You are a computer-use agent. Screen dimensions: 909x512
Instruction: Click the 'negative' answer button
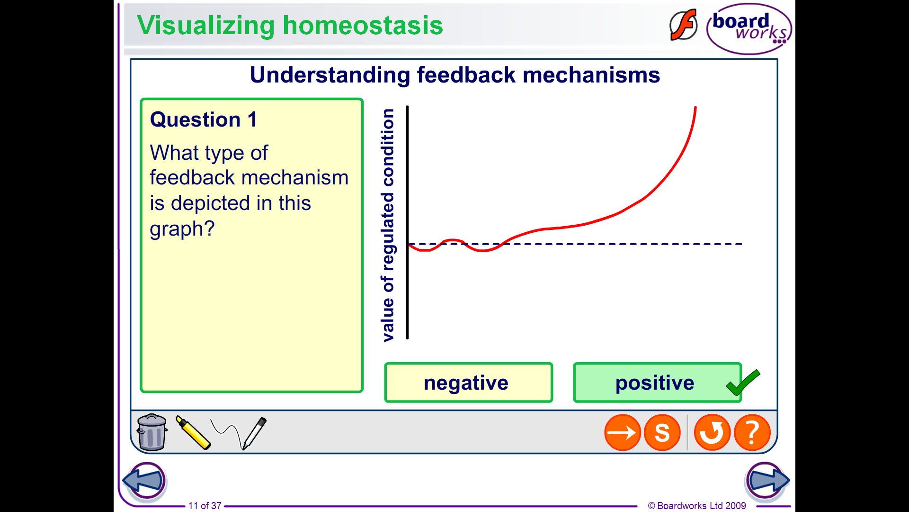tap(468, 383)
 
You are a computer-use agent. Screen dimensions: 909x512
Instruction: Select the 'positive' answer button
tap(657, 383)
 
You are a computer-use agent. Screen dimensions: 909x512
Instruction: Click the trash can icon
tap(151, 432)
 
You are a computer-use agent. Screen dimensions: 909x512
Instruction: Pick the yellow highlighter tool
tap(193, 432)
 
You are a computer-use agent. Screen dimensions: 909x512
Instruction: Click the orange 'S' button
tap(662, 432)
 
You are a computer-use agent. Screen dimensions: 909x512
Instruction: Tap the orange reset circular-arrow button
tap(712, 432)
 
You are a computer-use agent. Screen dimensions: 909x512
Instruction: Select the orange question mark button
tap(752, 432)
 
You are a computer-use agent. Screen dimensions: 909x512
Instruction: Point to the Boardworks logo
tap(749, 28)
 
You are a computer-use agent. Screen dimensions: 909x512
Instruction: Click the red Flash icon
tap(683, 25)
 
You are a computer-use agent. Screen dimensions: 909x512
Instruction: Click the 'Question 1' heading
tap(204, 119)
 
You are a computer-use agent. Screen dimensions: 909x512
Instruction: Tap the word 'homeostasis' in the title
tap(363, 25)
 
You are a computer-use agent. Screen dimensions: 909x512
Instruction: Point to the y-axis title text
tap(388, 225)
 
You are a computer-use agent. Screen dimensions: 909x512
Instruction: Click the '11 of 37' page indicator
tap(205, 506)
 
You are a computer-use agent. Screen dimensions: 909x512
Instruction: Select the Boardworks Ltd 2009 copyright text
tap(697, 506)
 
